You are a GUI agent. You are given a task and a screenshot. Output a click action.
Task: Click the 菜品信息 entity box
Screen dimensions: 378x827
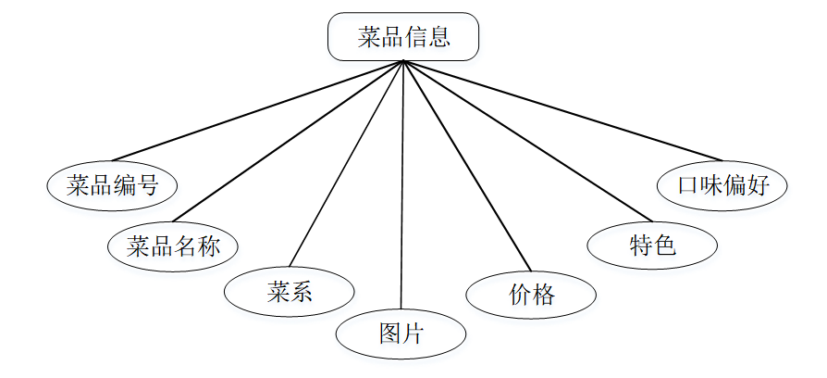click(403, 37)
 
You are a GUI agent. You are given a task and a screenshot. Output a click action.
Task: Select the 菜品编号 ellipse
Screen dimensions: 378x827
click(112, 185)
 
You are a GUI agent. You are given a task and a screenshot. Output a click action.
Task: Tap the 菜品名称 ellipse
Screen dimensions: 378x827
click(172, 246)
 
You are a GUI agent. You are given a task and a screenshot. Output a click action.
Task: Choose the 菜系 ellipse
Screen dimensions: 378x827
click(290, 292)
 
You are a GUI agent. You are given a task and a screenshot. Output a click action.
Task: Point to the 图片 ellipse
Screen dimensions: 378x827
click(401, 334)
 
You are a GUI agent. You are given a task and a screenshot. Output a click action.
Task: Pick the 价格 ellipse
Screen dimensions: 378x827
click(531, 295)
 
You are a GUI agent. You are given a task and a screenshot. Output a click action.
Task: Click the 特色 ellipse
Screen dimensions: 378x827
click(652, 245)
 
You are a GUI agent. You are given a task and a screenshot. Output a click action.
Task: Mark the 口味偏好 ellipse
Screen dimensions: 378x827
click(722, 184)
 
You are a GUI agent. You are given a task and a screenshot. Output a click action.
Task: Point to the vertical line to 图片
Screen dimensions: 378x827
click(402, 185)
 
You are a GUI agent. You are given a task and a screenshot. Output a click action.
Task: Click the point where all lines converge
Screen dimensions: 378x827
click(403, 62)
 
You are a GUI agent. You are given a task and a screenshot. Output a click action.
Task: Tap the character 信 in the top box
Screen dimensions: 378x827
click(415, 38)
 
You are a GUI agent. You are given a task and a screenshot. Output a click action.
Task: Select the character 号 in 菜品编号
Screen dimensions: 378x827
click(147, 185)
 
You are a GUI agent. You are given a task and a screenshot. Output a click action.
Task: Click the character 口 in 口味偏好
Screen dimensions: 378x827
click(687, 184)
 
